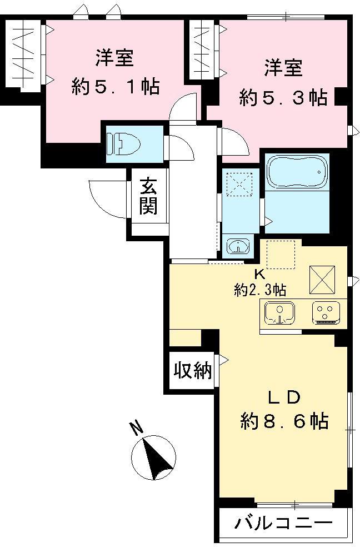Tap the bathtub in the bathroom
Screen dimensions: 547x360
[295, 172]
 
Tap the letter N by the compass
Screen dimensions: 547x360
[135, 427]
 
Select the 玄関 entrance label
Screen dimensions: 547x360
[148, 196]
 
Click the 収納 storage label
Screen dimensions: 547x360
[193, 371]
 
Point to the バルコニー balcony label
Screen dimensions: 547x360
[283, 524]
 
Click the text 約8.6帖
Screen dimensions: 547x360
[284, 421]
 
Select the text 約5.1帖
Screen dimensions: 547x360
[116, 87]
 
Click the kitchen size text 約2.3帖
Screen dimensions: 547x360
[260, 290]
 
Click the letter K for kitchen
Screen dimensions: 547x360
[259, 274]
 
